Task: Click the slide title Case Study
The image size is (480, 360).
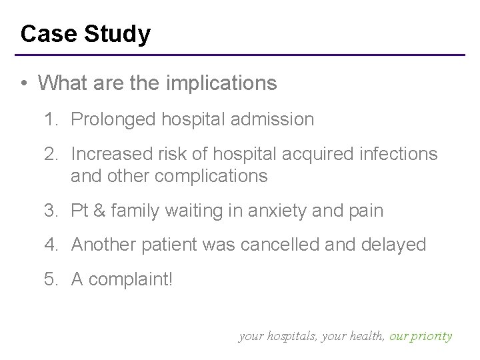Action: point(85,33)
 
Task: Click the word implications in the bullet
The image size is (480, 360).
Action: point(219,83)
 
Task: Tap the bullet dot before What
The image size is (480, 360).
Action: point(23,83)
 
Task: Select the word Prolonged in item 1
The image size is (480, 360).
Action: point(113,119)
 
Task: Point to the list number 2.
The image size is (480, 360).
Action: point(49,155)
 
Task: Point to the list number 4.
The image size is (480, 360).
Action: point(49,245)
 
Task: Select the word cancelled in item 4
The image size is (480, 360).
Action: point(307,245)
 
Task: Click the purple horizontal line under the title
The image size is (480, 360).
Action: point(240,54)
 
